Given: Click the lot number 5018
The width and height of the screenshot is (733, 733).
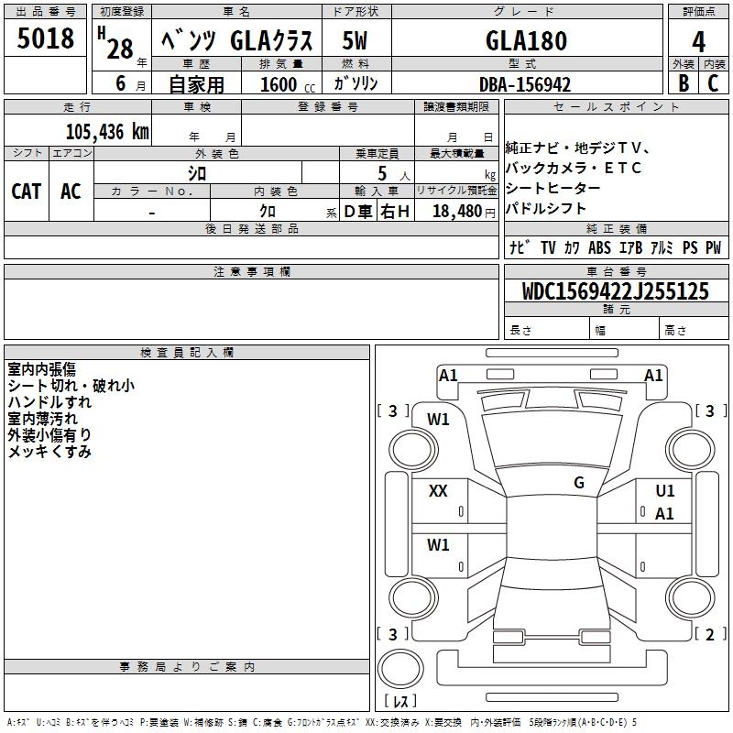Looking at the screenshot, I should [x=46, y=39].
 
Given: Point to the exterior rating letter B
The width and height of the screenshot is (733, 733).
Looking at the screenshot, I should [x=682, y=83].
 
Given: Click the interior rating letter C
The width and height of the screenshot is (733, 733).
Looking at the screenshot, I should [x=714, y=83].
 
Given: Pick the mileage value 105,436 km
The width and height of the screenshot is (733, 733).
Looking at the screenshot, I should [x=108, y=131].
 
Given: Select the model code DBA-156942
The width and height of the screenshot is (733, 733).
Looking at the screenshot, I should [x=525, y=84].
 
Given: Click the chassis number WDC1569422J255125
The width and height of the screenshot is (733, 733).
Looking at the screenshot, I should [x=616, y=292].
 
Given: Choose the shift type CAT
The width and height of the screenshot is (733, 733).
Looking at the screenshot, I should [x=26, y=191].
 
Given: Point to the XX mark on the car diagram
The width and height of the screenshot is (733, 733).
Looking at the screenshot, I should [x=438, y=491].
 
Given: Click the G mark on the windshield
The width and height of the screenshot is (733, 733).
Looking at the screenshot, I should [x=578, y=482].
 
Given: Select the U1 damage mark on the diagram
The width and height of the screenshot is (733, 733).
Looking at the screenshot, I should [x=664, y=491].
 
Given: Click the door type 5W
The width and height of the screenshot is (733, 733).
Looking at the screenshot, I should [x=356, y=40].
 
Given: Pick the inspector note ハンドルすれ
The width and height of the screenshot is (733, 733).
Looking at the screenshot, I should [x=49, y=402].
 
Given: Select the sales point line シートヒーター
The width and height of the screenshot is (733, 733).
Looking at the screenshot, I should [x=553, y=188].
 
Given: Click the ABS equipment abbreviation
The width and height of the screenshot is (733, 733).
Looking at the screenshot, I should [x=599, y=247].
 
